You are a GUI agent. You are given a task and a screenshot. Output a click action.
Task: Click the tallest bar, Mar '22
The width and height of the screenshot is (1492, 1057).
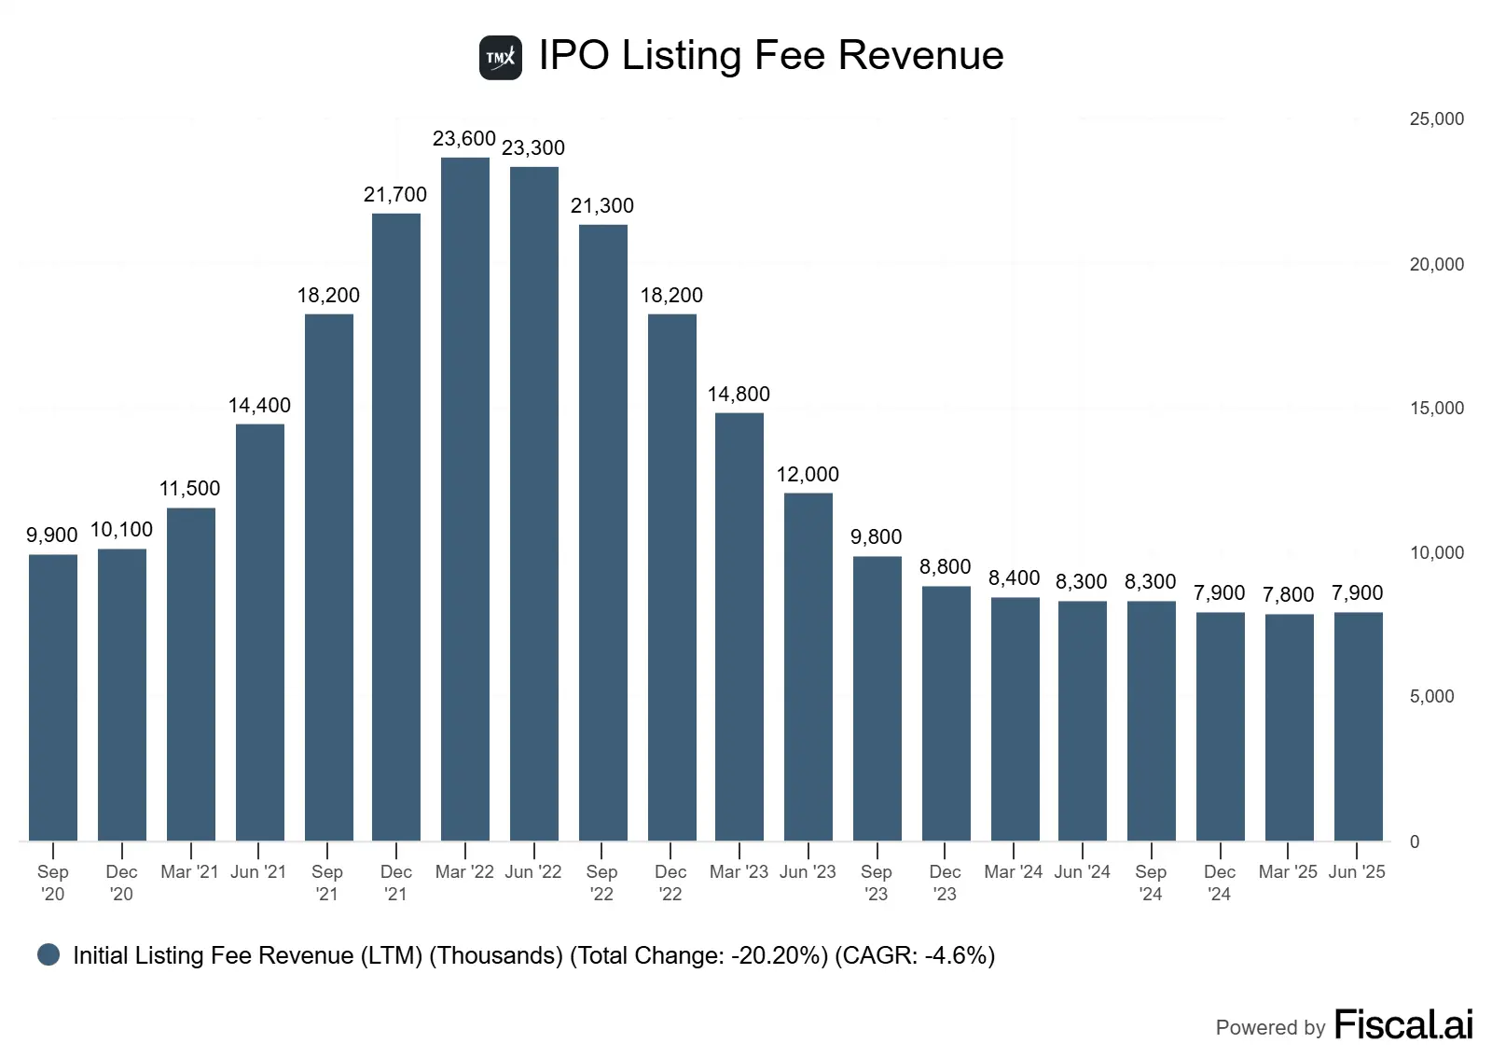pos(465,499)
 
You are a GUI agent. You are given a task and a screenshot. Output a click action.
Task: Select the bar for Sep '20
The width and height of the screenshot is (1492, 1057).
pos(53,698)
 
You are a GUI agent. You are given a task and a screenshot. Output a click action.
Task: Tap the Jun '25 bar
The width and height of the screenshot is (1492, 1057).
pos(1358,727)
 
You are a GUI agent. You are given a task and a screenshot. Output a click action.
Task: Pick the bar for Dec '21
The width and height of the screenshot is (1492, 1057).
pos(396,527)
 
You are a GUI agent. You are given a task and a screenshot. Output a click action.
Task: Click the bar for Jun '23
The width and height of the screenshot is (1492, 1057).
pos(808,667)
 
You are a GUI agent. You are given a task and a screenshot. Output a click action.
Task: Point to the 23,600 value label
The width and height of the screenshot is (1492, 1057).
pos(464,139)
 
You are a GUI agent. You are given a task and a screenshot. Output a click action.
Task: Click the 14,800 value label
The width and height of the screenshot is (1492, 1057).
pos(739,395)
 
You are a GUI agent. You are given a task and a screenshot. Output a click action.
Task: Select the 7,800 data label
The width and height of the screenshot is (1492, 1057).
pos(1288,595)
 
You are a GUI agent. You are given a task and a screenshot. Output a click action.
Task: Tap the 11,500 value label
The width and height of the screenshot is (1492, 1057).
pos(190,489)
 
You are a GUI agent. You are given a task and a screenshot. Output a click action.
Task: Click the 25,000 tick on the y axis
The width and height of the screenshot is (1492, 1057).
pos(1436,119)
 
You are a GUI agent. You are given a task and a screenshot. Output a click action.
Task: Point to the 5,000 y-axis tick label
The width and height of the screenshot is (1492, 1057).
pos(1431,697)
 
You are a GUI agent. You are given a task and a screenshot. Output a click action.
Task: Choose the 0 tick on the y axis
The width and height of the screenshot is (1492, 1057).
pos(1415,841)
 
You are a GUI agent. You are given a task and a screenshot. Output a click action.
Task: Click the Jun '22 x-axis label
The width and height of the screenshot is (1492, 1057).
pos(533,872)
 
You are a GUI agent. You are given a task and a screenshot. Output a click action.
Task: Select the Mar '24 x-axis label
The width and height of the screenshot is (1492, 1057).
pos(1014,872)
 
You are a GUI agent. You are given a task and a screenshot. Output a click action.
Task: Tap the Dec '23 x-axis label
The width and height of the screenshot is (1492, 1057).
pos(945,883)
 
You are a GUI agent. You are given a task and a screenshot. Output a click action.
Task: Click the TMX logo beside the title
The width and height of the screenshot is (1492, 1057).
pos(501,58)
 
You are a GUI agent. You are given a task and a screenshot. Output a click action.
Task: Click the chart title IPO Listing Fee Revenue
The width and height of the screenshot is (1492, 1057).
pos(771,56)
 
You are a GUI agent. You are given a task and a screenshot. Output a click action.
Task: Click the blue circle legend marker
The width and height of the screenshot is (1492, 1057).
pos(48,954)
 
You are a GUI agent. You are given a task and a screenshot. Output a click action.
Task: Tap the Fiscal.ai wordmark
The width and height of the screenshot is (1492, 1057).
pos(1403,1024)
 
